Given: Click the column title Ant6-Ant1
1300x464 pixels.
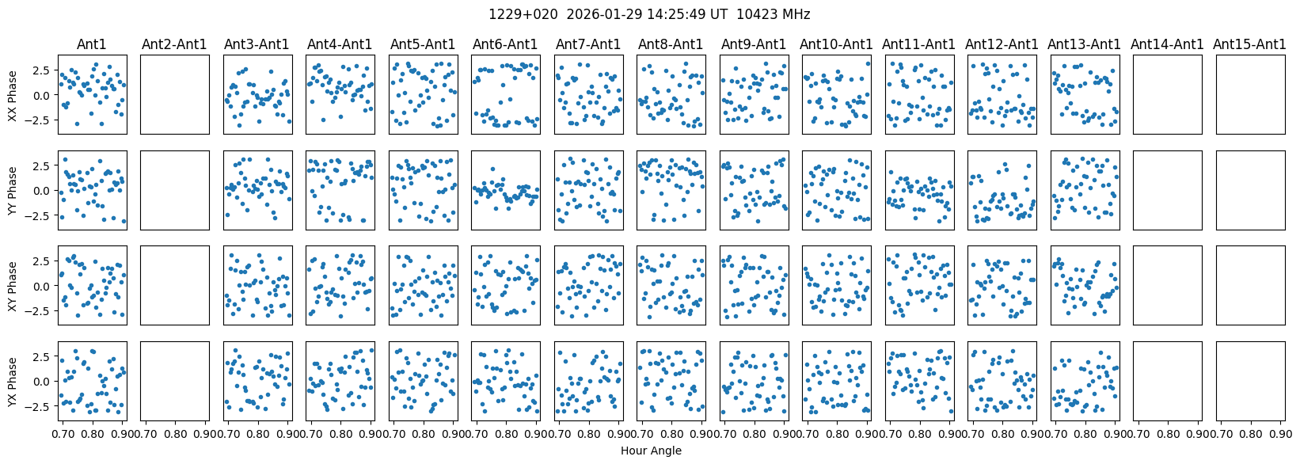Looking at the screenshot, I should click(505, 44).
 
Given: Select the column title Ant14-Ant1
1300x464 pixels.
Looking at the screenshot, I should click(1167, 44).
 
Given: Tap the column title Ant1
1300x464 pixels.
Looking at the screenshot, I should click(91, 44).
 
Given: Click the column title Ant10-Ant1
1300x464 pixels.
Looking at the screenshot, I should click(836, 44).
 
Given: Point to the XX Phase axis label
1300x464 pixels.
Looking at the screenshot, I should click(12, 95).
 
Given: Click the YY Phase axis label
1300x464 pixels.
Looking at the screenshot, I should click(12, 190).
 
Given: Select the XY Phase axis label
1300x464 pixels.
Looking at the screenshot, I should click(12, 286).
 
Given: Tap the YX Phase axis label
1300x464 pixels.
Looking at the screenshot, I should click(12, 382).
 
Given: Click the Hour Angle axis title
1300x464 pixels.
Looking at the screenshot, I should click(651, 451).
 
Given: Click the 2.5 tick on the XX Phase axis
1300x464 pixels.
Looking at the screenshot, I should click(41, 70).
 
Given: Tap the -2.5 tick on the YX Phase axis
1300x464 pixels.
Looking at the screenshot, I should click(39, 406).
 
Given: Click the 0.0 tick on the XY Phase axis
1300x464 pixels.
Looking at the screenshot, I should click(41, 286).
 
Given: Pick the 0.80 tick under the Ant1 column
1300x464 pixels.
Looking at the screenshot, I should click(93, 434).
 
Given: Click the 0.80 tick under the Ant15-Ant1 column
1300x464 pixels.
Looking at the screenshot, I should click(1251, 434).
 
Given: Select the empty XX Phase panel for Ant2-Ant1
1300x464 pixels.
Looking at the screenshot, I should click(174, 95).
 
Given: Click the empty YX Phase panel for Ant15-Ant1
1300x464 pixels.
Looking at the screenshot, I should click(1250, 382).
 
